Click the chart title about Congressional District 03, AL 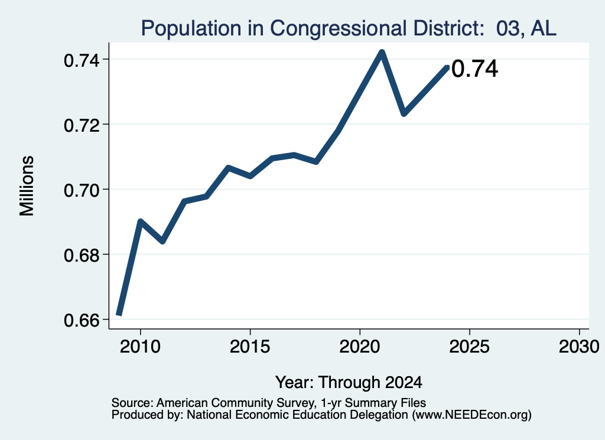(349, 28)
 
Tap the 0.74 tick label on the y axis (81, 61)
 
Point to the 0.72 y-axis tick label (81, 125)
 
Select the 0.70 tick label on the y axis (81, 191)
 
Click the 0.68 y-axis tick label (81, 255)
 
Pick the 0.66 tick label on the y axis (81, 321)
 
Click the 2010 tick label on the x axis (140, 347)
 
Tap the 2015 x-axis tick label (250, 347)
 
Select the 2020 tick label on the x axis (360, 347)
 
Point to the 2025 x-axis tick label (469, 347)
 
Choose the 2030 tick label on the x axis (579, 347)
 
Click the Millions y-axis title (27, 186)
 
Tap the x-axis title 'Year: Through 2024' (349, 383)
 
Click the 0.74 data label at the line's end (474, 70)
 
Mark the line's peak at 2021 (382, 52)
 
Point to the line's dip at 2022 (404, 114)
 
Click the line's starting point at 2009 (119, 315)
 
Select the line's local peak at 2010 (141, 221)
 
